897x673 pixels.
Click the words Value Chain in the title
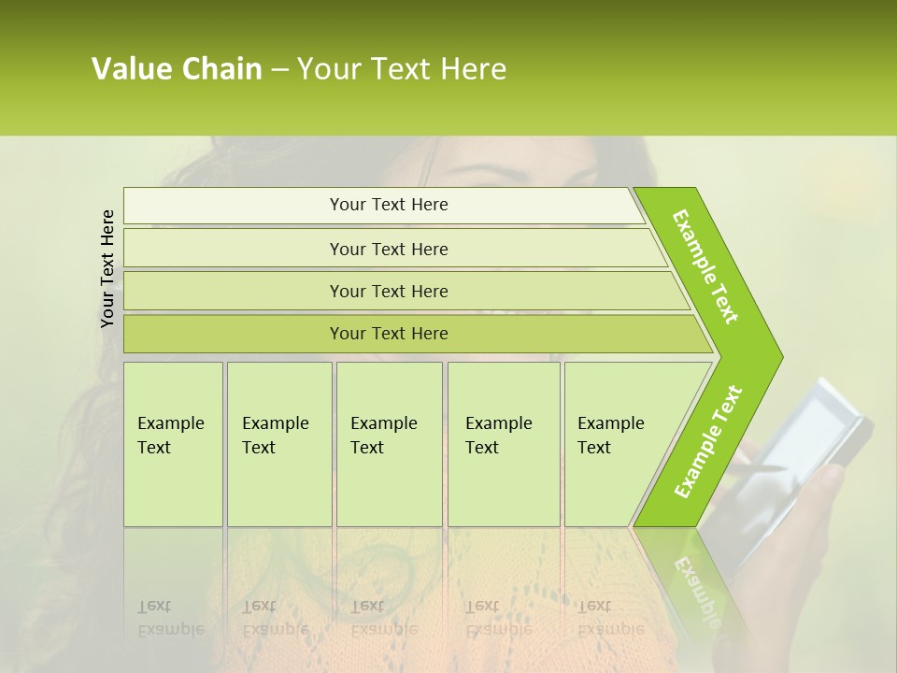click(177, 69)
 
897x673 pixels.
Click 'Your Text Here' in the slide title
click(402, 69)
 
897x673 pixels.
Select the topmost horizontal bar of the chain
click(388, 205)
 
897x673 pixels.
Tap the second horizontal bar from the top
click(388, 249)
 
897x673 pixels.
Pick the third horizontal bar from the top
click(388, 291)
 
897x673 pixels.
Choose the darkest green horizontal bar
click(388, 334)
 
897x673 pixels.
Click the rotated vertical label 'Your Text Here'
click(107, 268)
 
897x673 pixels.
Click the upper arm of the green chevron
click(705, 266)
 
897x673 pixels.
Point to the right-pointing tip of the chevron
click(778, 356)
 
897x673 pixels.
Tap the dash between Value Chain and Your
click(279, 70)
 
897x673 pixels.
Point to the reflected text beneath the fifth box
click(594, 617)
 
